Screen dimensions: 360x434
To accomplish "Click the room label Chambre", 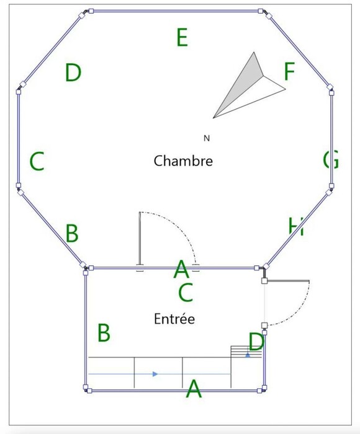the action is coord(183,161).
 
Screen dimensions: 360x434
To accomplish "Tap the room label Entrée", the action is coord(174,319).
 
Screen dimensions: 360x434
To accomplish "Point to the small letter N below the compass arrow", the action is coord(207,138).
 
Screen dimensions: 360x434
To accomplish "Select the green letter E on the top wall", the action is coord(182,37).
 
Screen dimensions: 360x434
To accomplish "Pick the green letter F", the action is coord(289,71).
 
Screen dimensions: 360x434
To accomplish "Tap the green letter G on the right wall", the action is coord(331,159).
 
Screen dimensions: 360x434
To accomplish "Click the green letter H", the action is coord(296,227).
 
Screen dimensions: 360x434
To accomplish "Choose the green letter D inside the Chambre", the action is coord(73,73).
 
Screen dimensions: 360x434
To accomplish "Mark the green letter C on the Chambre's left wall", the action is coord(37,161).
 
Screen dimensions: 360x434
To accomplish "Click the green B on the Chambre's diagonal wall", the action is coord(72,233).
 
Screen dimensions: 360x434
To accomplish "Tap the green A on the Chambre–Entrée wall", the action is coord(181,268).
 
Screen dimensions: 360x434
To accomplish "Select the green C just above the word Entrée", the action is coord(186,292).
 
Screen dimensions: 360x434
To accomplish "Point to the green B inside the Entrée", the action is coord(104,332).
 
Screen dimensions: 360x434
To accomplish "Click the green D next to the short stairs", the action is coord(256,342).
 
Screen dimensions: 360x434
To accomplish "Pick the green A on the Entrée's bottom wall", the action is coord(194,388).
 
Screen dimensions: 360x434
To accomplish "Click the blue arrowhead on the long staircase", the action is coord(155,374).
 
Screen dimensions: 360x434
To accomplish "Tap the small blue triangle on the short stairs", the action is coord(248,355).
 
